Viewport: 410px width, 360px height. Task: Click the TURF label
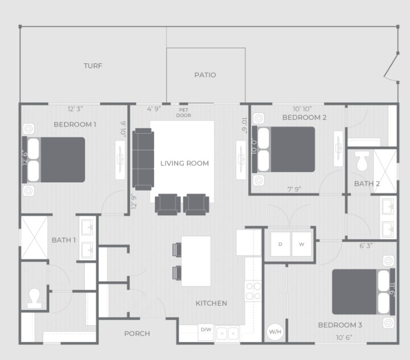coord(93,66)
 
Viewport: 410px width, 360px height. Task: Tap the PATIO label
coord(205,75)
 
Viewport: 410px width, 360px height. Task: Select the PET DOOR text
coord(184,112)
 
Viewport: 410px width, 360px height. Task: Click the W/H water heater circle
coord(275,332)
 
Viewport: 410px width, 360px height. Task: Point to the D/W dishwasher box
coord(206,332)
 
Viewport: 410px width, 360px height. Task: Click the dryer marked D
coord(280,244)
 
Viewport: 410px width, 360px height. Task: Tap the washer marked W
coord(301,244)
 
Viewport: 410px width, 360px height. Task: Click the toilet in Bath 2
coord(362,161)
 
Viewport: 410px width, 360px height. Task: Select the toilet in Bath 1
coord(35,298)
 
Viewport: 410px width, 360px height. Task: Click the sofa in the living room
coord(143,159)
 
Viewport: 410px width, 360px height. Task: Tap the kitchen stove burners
coord(253,291)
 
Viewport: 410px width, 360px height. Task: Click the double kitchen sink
coord(227,333)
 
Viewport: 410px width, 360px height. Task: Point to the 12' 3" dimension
coord(75,109)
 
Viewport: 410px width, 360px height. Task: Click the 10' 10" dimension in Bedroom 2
coord(302,109)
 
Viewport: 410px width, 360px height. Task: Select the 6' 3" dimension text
coord(366,246)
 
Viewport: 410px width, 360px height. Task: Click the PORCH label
coord(137,334)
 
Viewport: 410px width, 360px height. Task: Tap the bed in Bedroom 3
coord(364,292)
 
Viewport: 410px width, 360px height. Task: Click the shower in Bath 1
coord(34,238)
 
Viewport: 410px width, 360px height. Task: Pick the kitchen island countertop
coord(196,261)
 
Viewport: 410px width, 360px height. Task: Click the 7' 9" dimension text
coord(294,189)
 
